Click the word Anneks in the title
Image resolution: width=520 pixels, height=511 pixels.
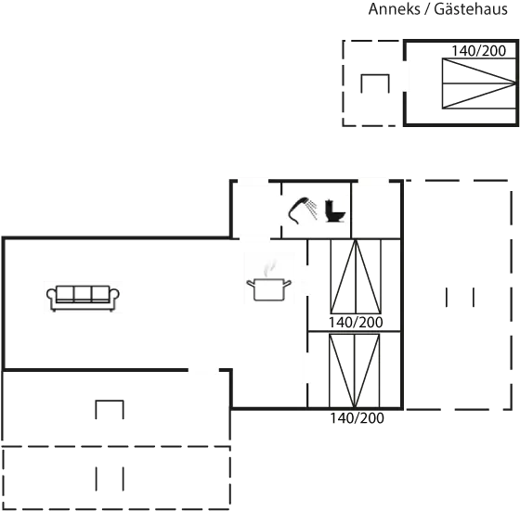[x=394, y=9]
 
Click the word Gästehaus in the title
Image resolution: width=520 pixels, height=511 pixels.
[x=471, y=9]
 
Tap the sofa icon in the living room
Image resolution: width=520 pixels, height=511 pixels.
[x=83, y=298]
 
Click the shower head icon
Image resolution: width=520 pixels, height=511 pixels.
[x=303, y=211]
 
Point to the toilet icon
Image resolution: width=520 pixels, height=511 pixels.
[x=335, y=211]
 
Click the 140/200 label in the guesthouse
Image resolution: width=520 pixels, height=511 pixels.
[x=479, y=51]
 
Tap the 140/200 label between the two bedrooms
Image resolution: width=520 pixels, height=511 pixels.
[x=356, y=322]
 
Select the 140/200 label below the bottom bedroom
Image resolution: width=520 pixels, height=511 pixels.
[x=357, y=418]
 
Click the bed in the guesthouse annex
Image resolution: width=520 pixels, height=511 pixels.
[x=479, y=83]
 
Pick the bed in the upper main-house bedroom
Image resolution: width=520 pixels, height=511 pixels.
[x=356, y=276]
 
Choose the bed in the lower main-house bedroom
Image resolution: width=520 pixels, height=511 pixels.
[x=354, y=371]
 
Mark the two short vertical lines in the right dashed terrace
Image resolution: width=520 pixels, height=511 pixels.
[x=460, y=298]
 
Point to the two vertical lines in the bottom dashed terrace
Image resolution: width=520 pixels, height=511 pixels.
[x=110, y=479]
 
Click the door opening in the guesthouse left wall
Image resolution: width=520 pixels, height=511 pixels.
[x=405, y=76]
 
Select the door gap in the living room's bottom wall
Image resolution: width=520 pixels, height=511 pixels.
[x=203, y=370]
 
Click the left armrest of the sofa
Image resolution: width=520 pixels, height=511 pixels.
[x=51, y=295]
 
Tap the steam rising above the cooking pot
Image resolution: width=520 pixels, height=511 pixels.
[x=270, y=267]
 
